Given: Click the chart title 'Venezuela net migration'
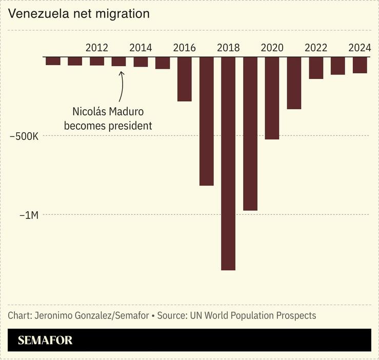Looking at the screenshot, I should [x=79, y=14].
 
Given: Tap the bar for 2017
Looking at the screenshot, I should [x=206, y=121].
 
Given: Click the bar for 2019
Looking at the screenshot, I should [x=250, y=133].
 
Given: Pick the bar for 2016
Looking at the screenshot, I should [x=184, y=79].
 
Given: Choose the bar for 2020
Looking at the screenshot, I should [x=272, y=98].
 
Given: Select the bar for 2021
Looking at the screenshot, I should [x=294, y=83].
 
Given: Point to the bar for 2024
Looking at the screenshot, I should [x=360, y=65].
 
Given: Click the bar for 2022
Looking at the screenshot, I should [x=316, y=68].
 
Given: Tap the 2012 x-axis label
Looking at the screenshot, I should [x=96, y=48].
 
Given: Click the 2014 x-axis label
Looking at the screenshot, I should [x=141, y=48].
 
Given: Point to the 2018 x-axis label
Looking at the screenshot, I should [x=228, y=48].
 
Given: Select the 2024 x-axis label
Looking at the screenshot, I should [x=360, y=48].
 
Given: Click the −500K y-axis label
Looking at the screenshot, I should [x=24, y=136].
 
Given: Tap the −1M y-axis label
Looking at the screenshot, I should [x=29, y=215].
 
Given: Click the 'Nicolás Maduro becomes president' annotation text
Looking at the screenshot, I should [x=108, y=118].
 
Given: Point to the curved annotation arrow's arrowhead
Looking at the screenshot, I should [x=122, y=73].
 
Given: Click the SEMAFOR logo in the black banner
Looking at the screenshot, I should [x=45, y=340].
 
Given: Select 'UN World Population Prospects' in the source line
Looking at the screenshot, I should [x=253, y=315].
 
